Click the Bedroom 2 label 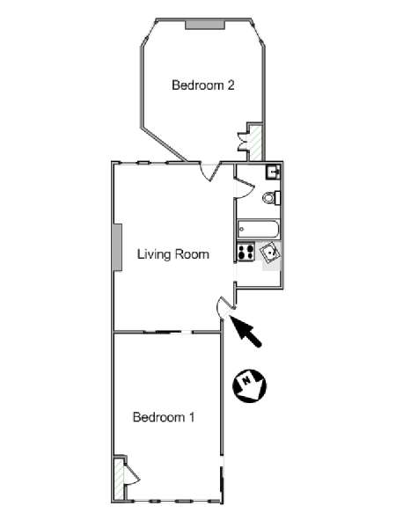click(x=203, y=84)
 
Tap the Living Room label click(x=173, y=254)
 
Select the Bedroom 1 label click(x=164, y=417)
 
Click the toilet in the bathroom click(x=271, y=198)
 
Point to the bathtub click(x=258, y=230)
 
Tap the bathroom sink click(x=274, y=172)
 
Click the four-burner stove click(x=246, y=252)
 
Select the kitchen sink click(x=270, y=253)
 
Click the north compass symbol click(x=250, y=385)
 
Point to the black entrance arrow click(x=246, y=332)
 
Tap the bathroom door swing click(x=245, y=189)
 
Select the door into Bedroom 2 click(x=210, y=172)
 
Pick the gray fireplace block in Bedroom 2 click(x=205, y=25)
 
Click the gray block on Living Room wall click(x=117, y=247)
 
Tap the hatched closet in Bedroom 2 click(x=255, y=143)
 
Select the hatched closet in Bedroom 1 click(x=119, y=480)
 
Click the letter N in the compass click(x=246, y=381)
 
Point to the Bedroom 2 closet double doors click(x=243, y=142)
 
